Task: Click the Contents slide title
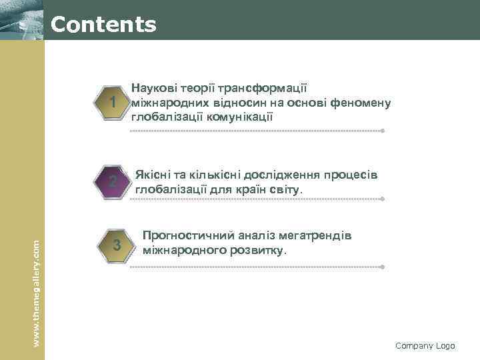[103, 25]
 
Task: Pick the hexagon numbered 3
[117, 245]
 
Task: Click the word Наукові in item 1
[153, 87]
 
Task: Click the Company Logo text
[425, 345]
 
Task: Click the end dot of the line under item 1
[382, 131]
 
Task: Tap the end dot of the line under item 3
[382, 267]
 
